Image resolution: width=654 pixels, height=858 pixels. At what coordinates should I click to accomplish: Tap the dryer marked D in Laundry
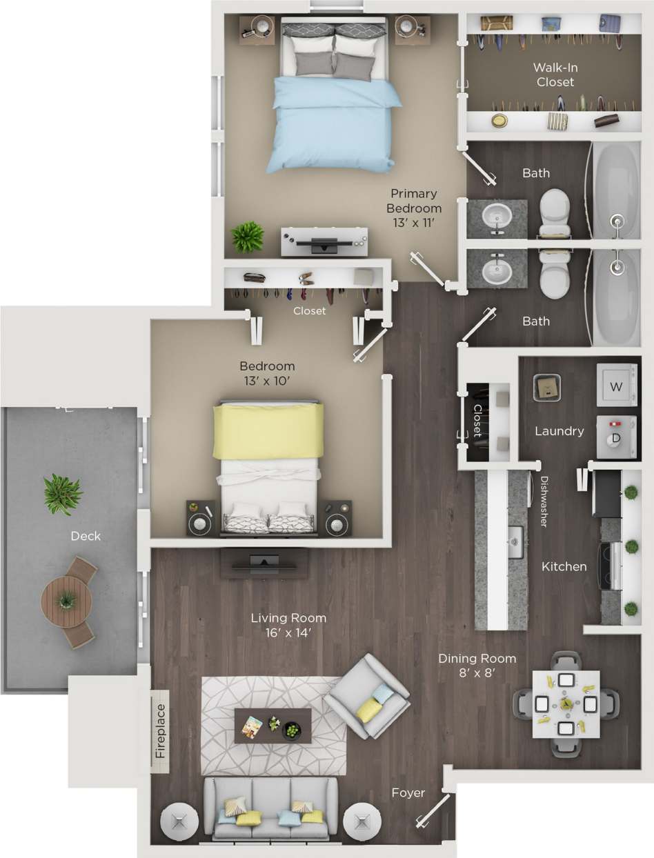pos(616,436)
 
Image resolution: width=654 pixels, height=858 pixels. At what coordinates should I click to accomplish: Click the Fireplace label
pos(160,731)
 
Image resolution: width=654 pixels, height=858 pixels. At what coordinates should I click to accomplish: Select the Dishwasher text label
pos(544,501)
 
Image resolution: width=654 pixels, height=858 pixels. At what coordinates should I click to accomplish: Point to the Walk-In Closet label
pos(553,75)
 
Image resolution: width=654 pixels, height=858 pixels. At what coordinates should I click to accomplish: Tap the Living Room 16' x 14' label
pos(288,625)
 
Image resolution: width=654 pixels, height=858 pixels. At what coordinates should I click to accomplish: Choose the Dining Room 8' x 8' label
pos(477,666)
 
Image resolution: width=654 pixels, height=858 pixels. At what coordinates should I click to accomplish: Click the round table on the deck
pos(66,601)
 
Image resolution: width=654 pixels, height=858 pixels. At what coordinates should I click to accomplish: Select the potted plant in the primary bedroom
pos(247,237)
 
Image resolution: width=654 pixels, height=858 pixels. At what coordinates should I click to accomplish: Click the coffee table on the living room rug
pos(272,725)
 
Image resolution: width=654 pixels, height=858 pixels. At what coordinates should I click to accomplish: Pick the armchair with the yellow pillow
pos(367,697)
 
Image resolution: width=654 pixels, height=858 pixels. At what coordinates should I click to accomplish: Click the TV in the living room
pos(264,562)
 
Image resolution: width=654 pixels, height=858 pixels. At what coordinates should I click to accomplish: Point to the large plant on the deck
pos(62,493)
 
